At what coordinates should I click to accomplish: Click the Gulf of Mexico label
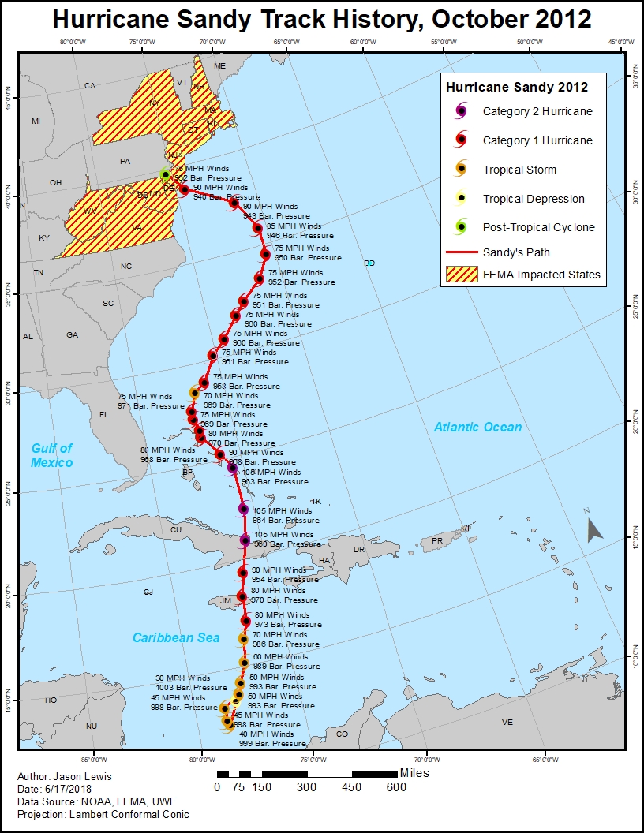(x=52, y=455)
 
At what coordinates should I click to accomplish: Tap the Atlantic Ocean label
(x=477, y=427)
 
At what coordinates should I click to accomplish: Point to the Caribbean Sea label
(x=175, y=637)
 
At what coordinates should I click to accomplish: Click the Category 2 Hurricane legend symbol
(x=461, y=111)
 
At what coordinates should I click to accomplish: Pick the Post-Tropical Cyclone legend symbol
(x=461, y=227)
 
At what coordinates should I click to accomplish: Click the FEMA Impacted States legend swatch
(x=461, y=275)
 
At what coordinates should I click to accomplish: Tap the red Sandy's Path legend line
(x=461, y=252)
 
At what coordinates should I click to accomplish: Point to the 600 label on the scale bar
(x=396, y=787)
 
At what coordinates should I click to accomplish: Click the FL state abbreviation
(x=103, y=414)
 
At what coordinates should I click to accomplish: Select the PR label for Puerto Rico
(x=436, y=541)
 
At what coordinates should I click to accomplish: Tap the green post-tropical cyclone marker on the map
(x=165, y=174)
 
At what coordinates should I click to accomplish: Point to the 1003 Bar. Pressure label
(x=191, y=688)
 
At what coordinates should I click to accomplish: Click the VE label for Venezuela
(x=507, y=723)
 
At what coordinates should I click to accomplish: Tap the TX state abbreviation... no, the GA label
(x=72, y=335)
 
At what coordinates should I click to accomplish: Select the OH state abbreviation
(x=55, y=183)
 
